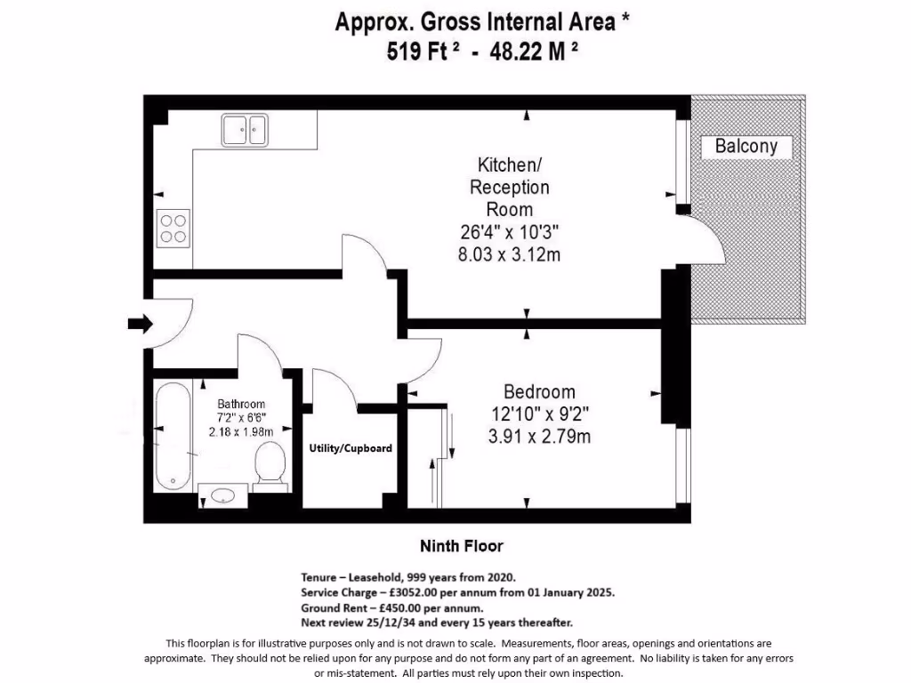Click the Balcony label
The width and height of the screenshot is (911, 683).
746,146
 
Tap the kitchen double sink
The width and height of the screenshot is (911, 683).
245,130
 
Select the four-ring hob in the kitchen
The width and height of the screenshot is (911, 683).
173,229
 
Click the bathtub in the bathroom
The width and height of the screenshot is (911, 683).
173,436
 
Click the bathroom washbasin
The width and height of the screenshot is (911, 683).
223,495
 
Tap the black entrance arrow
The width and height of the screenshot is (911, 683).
140,324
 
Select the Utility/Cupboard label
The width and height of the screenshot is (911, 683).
351,448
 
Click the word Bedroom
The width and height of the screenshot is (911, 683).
539,392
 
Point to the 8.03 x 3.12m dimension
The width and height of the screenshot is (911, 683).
509,254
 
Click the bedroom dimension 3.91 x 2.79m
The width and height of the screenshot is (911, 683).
539,436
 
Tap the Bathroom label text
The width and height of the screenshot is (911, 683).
241,404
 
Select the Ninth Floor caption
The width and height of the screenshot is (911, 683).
462,546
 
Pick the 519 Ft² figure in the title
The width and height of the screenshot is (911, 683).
423,51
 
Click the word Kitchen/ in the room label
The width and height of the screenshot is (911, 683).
509,165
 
